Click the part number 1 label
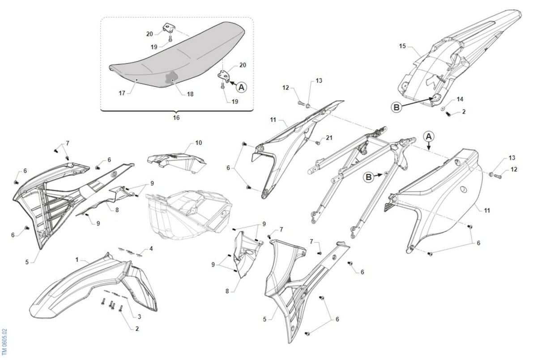[x=77, y=260]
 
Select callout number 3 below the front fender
[x=139, y=317]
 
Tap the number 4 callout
[x=151, y=249]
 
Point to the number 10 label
[x=199, y=143]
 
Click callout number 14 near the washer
[x=460, y=99]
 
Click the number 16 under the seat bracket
[x=176, y=118]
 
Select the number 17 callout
[x=122, y=93]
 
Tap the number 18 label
[x=190, y=94]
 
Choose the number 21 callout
[x=329, y=138]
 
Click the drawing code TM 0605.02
[x=4, y=343]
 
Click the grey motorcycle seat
[x=177, y=55]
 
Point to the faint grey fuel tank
[x=189, y=214]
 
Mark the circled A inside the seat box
[x=241, y=87]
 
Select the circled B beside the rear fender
[x=396, y=107]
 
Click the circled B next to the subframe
[x=368, y=177]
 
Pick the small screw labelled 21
[x=318, y=143]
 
